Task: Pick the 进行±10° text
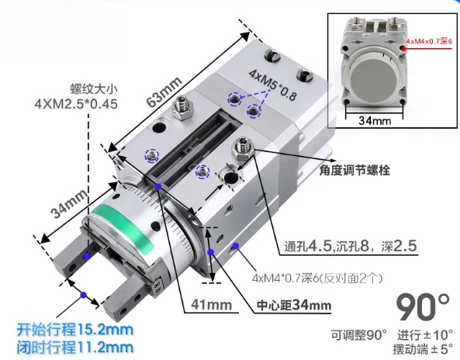[x=424, y=334]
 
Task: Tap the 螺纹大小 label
[x=81, y=86]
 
